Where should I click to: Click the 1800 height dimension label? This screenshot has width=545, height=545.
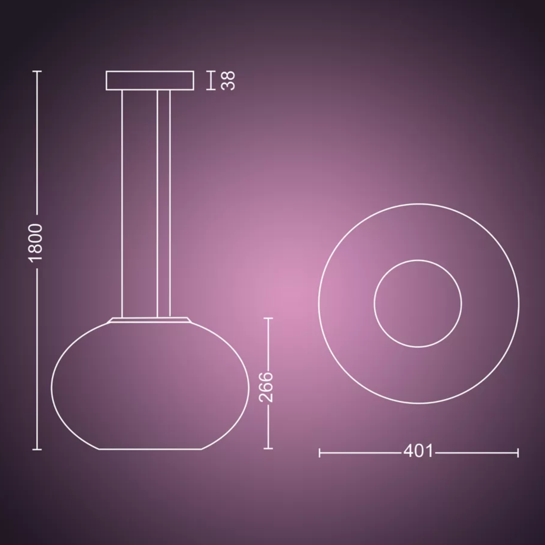click(37, 242)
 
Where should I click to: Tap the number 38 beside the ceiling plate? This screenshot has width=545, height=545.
click(228, 80)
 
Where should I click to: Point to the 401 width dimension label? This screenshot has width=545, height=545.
click(419, 451)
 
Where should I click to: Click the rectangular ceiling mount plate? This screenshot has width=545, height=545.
click(150, 80)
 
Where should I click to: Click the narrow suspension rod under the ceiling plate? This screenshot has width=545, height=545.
click(163, 203)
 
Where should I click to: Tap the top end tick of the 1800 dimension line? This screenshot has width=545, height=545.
click(37, 71)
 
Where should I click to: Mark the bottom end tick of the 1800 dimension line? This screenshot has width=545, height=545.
click(37, 449)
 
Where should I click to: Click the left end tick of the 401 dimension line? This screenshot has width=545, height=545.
click(319, 453)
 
